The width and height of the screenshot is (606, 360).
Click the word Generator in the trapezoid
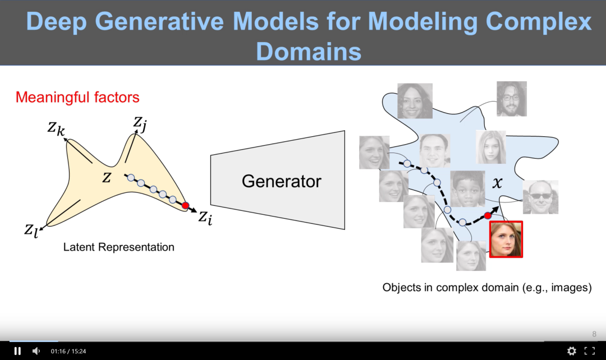[x=281, y=181]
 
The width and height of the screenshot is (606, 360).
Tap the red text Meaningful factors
[x=77, y=97]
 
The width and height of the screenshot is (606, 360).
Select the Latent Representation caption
[x=118, y=247]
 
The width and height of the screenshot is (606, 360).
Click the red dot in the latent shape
[x=185, y=206]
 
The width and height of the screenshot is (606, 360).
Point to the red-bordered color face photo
[x=506, y=239]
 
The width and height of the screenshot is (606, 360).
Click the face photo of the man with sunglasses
[x=540, y=197]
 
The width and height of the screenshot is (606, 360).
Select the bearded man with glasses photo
[x=511, y=99]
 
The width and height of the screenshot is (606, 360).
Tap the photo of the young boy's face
[x=467, y=189]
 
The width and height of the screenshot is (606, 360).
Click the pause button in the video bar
[x=17, y=351]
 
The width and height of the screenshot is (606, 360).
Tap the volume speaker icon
[x=36, y=351]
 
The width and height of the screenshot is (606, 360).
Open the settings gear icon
[x=571, y=351]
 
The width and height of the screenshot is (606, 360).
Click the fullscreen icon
[x=590, y=351]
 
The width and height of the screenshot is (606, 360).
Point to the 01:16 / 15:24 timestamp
[x=68, y=352]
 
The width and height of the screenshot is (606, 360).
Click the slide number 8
[x=594, y=334]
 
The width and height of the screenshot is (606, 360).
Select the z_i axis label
[x=205, y=217]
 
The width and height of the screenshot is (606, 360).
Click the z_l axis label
[x=31, y=230]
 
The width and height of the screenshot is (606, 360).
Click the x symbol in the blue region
[x=497, y=182]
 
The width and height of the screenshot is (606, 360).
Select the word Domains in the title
[x=309, y=51]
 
